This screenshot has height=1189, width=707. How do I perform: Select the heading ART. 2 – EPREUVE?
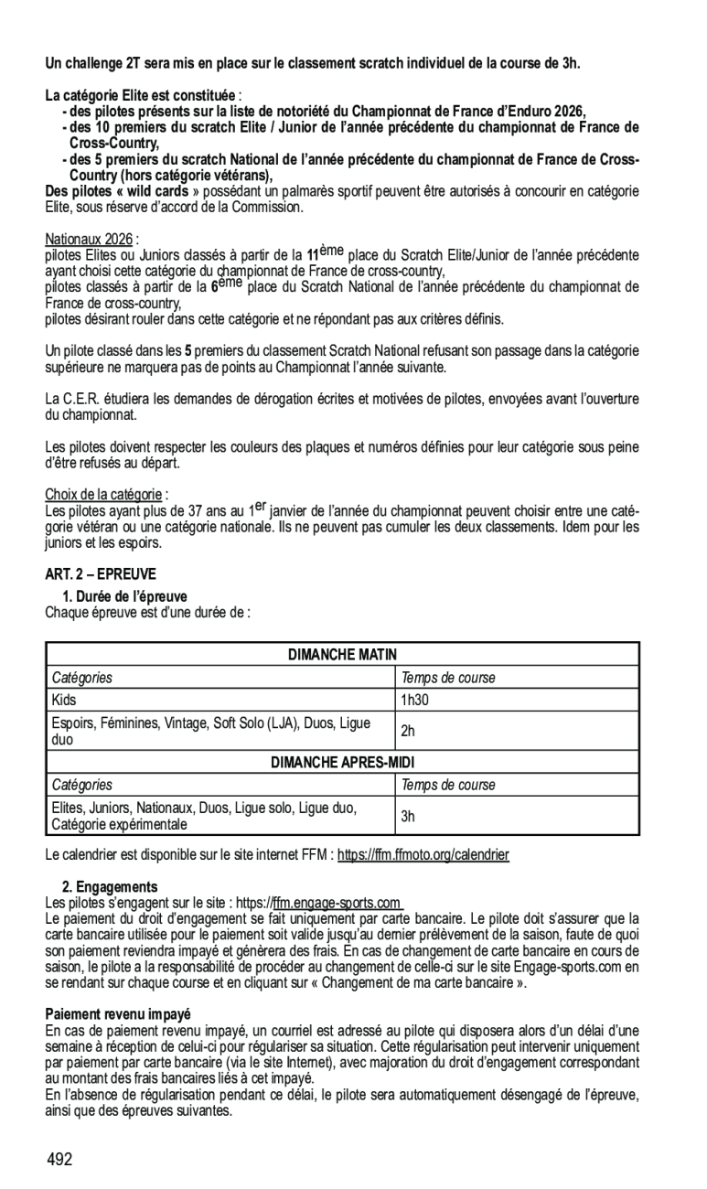click(x=101, y=574)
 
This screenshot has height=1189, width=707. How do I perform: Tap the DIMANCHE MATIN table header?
click(x=342, y=654)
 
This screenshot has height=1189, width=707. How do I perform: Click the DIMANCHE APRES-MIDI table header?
click(x=342, y=762)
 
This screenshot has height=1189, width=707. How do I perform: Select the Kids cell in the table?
click(x=65, y=700)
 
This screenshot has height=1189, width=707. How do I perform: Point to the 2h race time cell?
click(x=408, y=731)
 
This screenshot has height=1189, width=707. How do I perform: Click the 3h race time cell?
click(x=408, y=816)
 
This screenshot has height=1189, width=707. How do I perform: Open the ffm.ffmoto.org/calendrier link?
click(x=423, y=855)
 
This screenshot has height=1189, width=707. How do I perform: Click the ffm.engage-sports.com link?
click(x=337, y=904)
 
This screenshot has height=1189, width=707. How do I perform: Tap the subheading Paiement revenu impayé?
click(x=118, y=1014)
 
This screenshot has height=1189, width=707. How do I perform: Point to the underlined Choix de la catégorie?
click(x=103, y=494)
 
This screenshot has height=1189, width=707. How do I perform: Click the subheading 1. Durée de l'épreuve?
click(x=124, y=596)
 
